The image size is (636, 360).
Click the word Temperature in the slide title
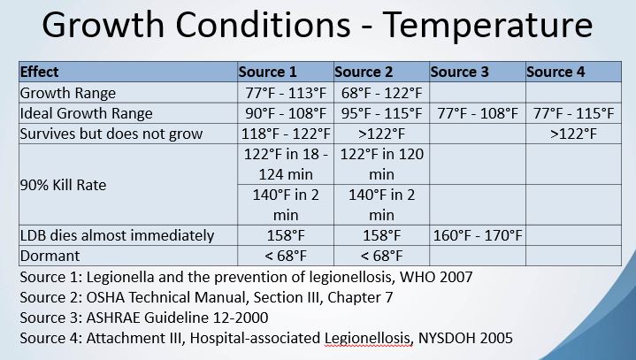click(487, 25)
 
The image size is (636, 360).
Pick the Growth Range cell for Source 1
click(286, 93)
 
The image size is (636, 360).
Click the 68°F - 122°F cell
click(381, 93)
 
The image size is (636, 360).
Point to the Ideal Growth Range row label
click(86, 113)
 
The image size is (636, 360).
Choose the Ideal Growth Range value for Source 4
click(573, 113)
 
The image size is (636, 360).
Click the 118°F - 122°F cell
click(286, 134)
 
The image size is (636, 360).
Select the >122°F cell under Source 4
click(573, 134)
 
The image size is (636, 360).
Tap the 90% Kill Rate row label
click(63, 185)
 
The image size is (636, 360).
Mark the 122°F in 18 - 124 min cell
click(286, 165)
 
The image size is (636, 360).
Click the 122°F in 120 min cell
click(381, 165)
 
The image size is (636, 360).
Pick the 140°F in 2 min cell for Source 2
click(381, 204)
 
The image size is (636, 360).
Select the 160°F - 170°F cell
click(478, 235)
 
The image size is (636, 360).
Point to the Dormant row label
click(50, 256)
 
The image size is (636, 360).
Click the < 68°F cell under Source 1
click(286, 256)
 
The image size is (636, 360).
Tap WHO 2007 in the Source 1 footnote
click(436, 277)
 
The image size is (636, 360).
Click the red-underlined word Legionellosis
click(367, 338)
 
